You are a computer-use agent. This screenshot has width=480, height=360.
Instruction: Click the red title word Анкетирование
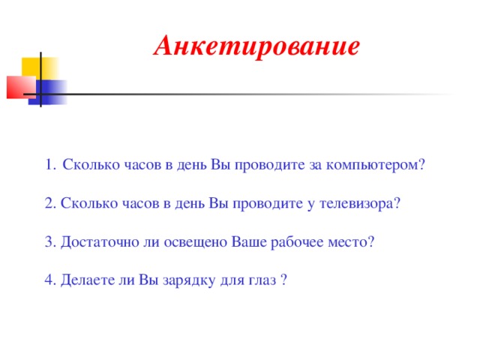point(256,46)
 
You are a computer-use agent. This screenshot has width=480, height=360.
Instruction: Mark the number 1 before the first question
point(48,165)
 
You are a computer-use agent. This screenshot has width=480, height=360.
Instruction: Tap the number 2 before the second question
point(49,203)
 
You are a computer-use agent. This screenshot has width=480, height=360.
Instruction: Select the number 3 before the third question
point(49,242)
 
